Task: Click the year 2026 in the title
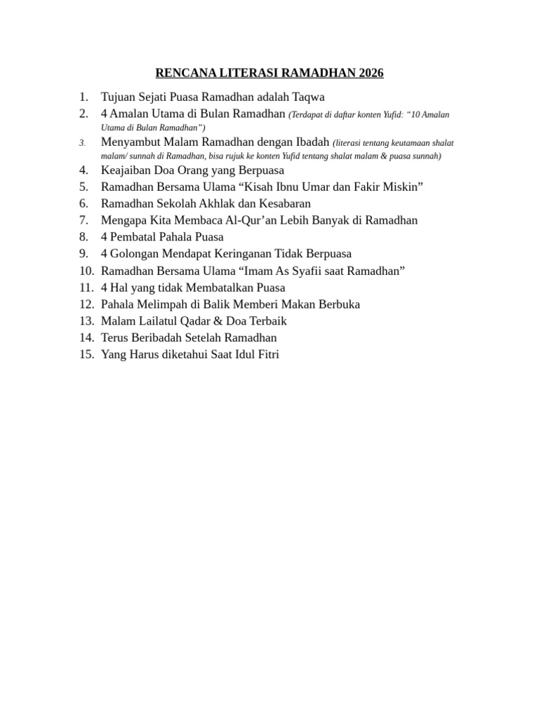pos(371,73)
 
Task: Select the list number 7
pos(84,220)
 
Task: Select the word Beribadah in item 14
pos(156,338)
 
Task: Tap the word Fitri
pos(267,355)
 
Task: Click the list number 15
pos(86,355)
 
